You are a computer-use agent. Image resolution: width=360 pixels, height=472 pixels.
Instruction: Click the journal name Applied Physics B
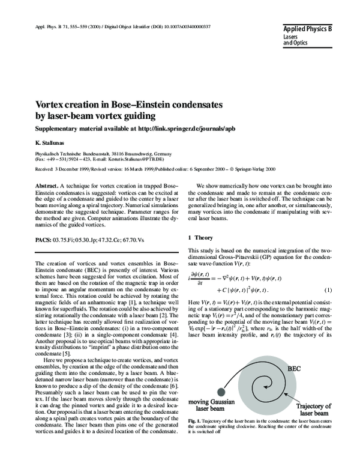coord(308,28)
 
